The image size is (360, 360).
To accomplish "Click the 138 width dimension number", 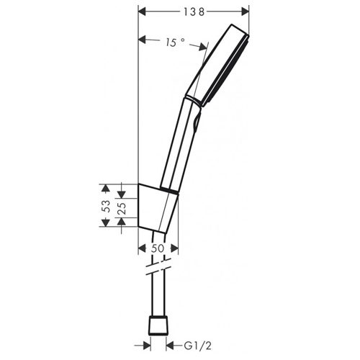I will click(x=192, y=12).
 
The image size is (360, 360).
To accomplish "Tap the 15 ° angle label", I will click(x=174, y=42).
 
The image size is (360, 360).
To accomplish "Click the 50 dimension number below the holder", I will click(x=158, y=248).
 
